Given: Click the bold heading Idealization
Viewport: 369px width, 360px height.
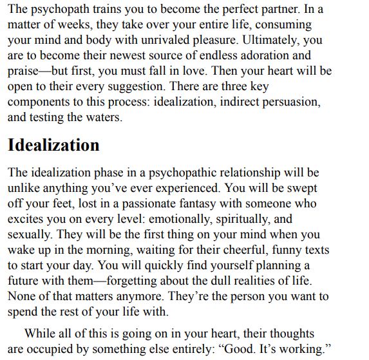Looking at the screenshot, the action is click(x=53, y=145).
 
